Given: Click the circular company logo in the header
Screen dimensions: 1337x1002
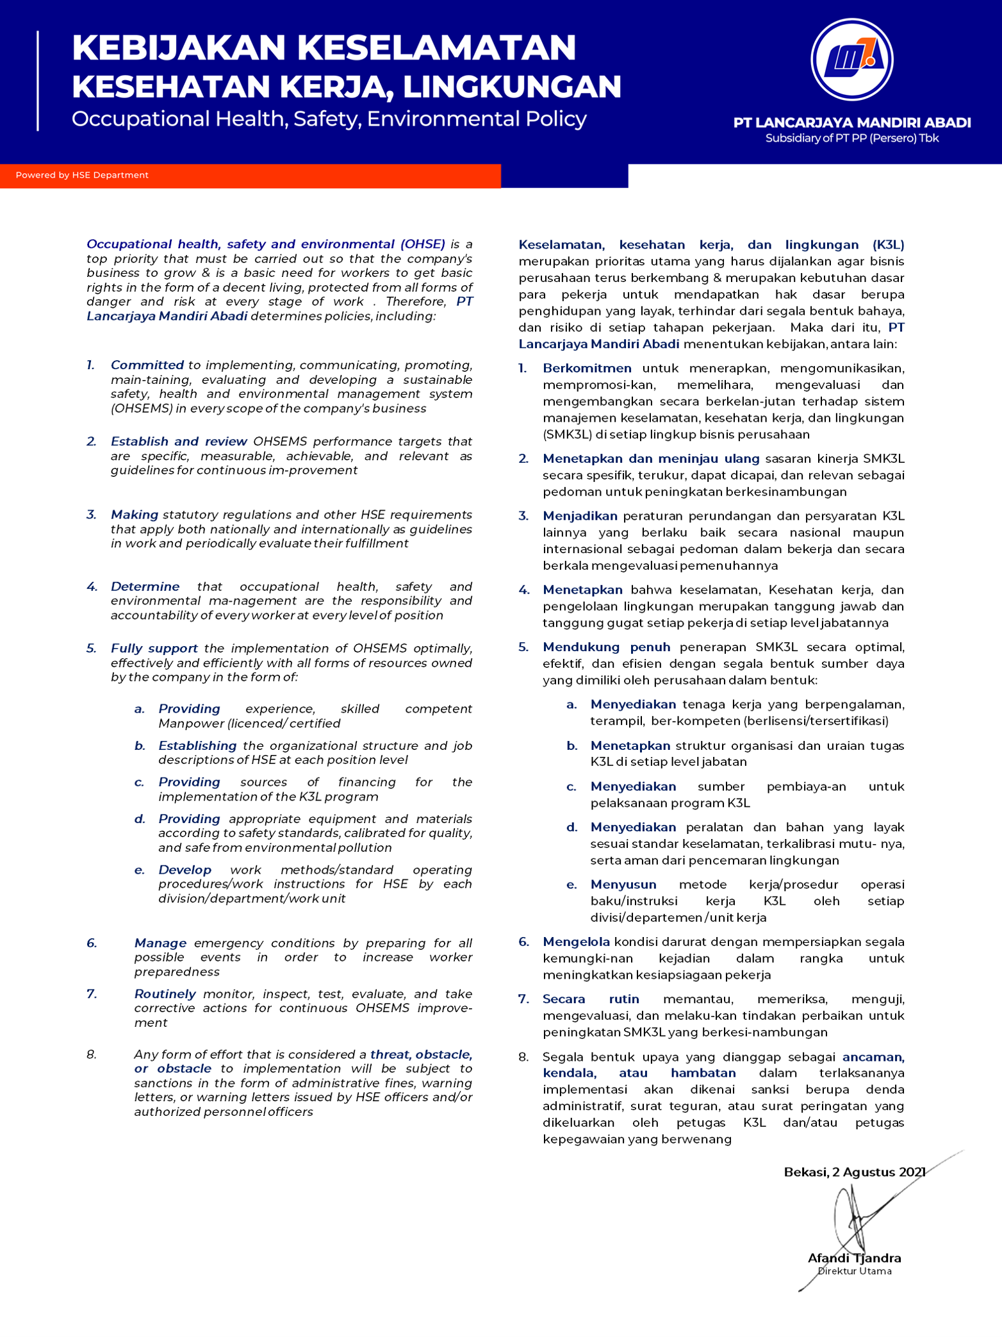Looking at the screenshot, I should pyautogui.click(x=851, y=60).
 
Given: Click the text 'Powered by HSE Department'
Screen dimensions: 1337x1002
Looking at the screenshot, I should pyautogui.click(x=82, y=175).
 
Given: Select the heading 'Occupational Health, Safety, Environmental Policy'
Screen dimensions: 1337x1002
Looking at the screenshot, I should pyautogui.click(x=329, y=119).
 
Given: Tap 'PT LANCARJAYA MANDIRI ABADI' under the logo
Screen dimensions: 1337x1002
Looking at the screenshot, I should pyautogui.click(x=851, y=122).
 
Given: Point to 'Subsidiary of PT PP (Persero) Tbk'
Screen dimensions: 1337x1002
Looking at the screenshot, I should pyautogui.click(x=851, y=138).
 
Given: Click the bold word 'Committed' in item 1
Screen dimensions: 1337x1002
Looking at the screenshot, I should pyautogui.click(x=147, y=365).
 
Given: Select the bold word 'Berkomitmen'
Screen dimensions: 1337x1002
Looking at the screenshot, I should pyautogui.click(x=587, y=369).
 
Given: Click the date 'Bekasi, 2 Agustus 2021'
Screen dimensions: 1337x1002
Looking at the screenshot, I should pyautogui.click(x=854, y=1172).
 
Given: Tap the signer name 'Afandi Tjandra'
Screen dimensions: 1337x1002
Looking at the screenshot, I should pyautogui.click(x=854, y=1258).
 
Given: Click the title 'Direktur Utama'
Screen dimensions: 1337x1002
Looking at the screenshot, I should pyautogui.click(x=854, y=1271).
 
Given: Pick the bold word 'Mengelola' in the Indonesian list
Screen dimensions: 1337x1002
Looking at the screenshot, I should pyautogui.click(x=576, y=942).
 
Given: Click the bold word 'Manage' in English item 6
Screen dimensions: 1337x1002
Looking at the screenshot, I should pyautogui.click(x=160, y=943).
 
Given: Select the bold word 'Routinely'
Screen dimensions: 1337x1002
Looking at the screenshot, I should pyautogui.click(x=165, y=993).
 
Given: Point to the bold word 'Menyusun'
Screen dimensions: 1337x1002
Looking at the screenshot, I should pyautogui.click(x=623, y=884).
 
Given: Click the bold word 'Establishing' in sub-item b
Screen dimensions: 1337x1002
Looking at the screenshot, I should pyautogui.click(x=197, y=745).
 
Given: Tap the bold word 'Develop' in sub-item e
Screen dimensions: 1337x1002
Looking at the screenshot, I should pyautogui.click(x=185, y=870).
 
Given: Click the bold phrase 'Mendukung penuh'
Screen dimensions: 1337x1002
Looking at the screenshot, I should pyautogui.click(x=606, y=647).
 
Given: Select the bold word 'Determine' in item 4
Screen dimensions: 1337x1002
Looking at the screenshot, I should pyautogui.click(x=145, y=586).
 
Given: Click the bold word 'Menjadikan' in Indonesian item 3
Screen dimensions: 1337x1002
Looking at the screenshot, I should pyautogui.click(x=580, y=516).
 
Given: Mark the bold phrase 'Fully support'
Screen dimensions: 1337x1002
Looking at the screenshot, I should pyautogui.click(x=154, y=649).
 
